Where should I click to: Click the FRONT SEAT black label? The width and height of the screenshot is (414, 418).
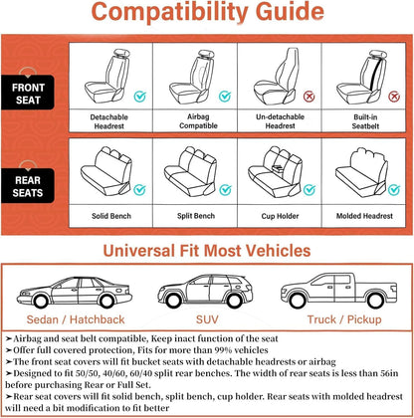pyautogui.click(x=28, y=93)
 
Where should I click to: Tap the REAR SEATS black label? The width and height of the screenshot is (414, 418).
pyautogui.click(x=28, y=186)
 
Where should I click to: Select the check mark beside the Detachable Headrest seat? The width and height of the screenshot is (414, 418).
pyautogui.click(x=140, y=97)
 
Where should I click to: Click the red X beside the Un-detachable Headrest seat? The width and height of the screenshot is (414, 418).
pyautogui.click(x=310, y=97)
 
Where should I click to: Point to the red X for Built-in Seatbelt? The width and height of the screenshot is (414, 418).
pyautogui.click(x=394, y=97)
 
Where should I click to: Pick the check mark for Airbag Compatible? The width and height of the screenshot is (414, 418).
pyautogui.click(x=225, y=97)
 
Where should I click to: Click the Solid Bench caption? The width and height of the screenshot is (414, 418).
pyautogui.click(x=111, y=216)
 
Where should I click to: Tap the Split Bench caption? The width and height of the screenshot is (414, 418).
pyautogui.click(x=196, y=216)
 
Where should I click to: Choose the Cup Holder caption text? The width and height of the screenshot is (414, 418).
pyautogui.click(x=280, y=216)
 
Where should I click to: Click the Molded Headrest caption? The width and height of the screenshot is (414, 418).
pyautogui.click(x=364, y=216)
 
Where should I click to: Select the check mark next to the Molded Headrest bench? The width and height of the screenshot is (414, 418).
pyautogui.click(x=394, y=190)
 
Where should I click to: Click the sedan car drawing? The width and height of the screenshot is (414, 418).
pyautogui.click(x=75, y=293)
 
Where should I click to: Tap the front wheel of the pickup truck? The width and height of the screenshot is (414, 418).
pyautogui.click(x=297, y=301)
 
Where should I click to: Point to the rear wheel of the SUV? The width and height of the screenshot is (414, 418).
pyautogui.click(x=234, y=301)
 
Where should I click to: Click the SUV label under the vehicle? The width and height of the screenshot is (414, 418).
pyautogui.click(x=207, y=319)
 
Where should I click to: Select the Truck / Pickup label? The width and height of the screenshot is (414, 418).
pyautogui.click(x=344, y=319)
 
